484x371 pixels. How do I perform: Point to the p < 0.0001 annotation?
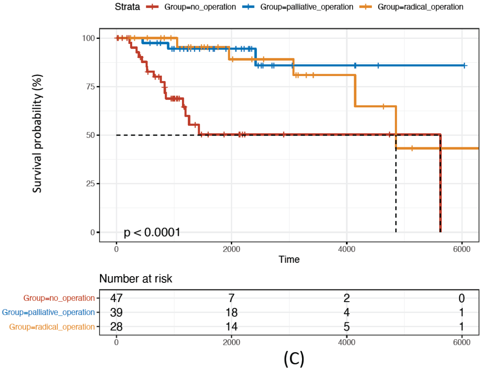(x=152, y=232)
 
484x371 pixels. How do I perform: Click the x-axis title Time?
(x=289, y=259)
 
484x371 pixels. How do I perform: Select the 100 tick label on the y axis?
(x=89, y=38)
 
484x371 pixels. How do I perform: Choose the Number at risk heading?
(x=136, y=278)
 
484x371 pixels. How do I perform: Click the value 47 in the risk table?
(x=117, y=298)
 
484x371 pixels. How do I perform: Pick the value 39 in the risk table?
(x=117, y=312)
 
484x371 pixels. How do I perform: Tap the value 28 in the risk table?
(x=117, y=327)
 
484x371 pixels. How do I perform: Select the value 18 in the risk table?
(x=231, y=312)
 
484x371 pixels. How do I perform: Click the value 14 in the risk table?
(x=231, y=327)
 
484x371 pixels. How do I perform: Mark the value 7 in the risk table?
(x=231, y=298)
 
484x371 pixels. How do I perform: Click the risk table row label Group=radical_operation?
(x=52, y=327)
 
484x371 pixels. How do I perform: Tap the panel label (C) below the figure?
(x=294, y=358)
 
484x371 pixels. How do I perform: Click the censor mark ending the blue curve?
(x=464, y=65)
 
